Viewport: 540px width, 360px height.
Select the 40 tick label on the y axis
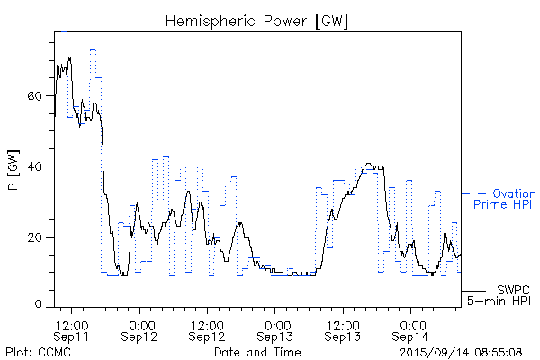coord(36,166)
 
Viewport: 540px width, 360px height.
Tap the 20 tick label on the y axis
coord(36,237)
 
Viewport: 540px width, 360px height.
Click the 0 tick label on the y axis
coord(40,307)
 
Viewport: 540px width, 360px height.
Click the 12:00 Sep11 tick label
coord(72,329)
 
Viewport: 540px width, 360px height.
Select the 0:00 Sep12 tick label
coord(140,329)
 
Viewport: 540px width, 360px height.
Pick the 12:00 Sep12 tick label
coord(208,329)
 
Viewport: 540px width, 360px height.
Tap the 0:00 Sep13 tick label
coord(276,329)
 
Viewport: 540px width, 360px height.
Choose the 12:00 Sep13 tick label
coord(344,329)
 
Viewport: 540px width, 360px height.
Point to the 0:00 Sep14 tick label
coord(412,329)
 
